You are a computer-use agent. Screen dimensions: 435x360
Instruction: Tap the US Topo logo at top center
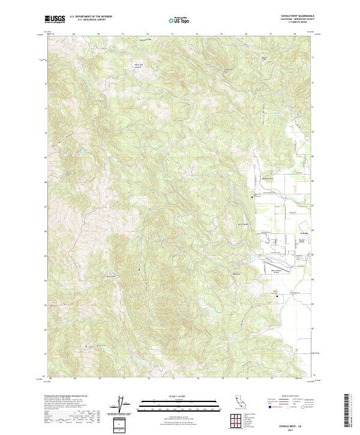180,20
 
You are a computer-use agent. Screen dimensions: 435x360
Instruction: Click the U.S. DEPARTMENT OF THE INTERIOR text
90,17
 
